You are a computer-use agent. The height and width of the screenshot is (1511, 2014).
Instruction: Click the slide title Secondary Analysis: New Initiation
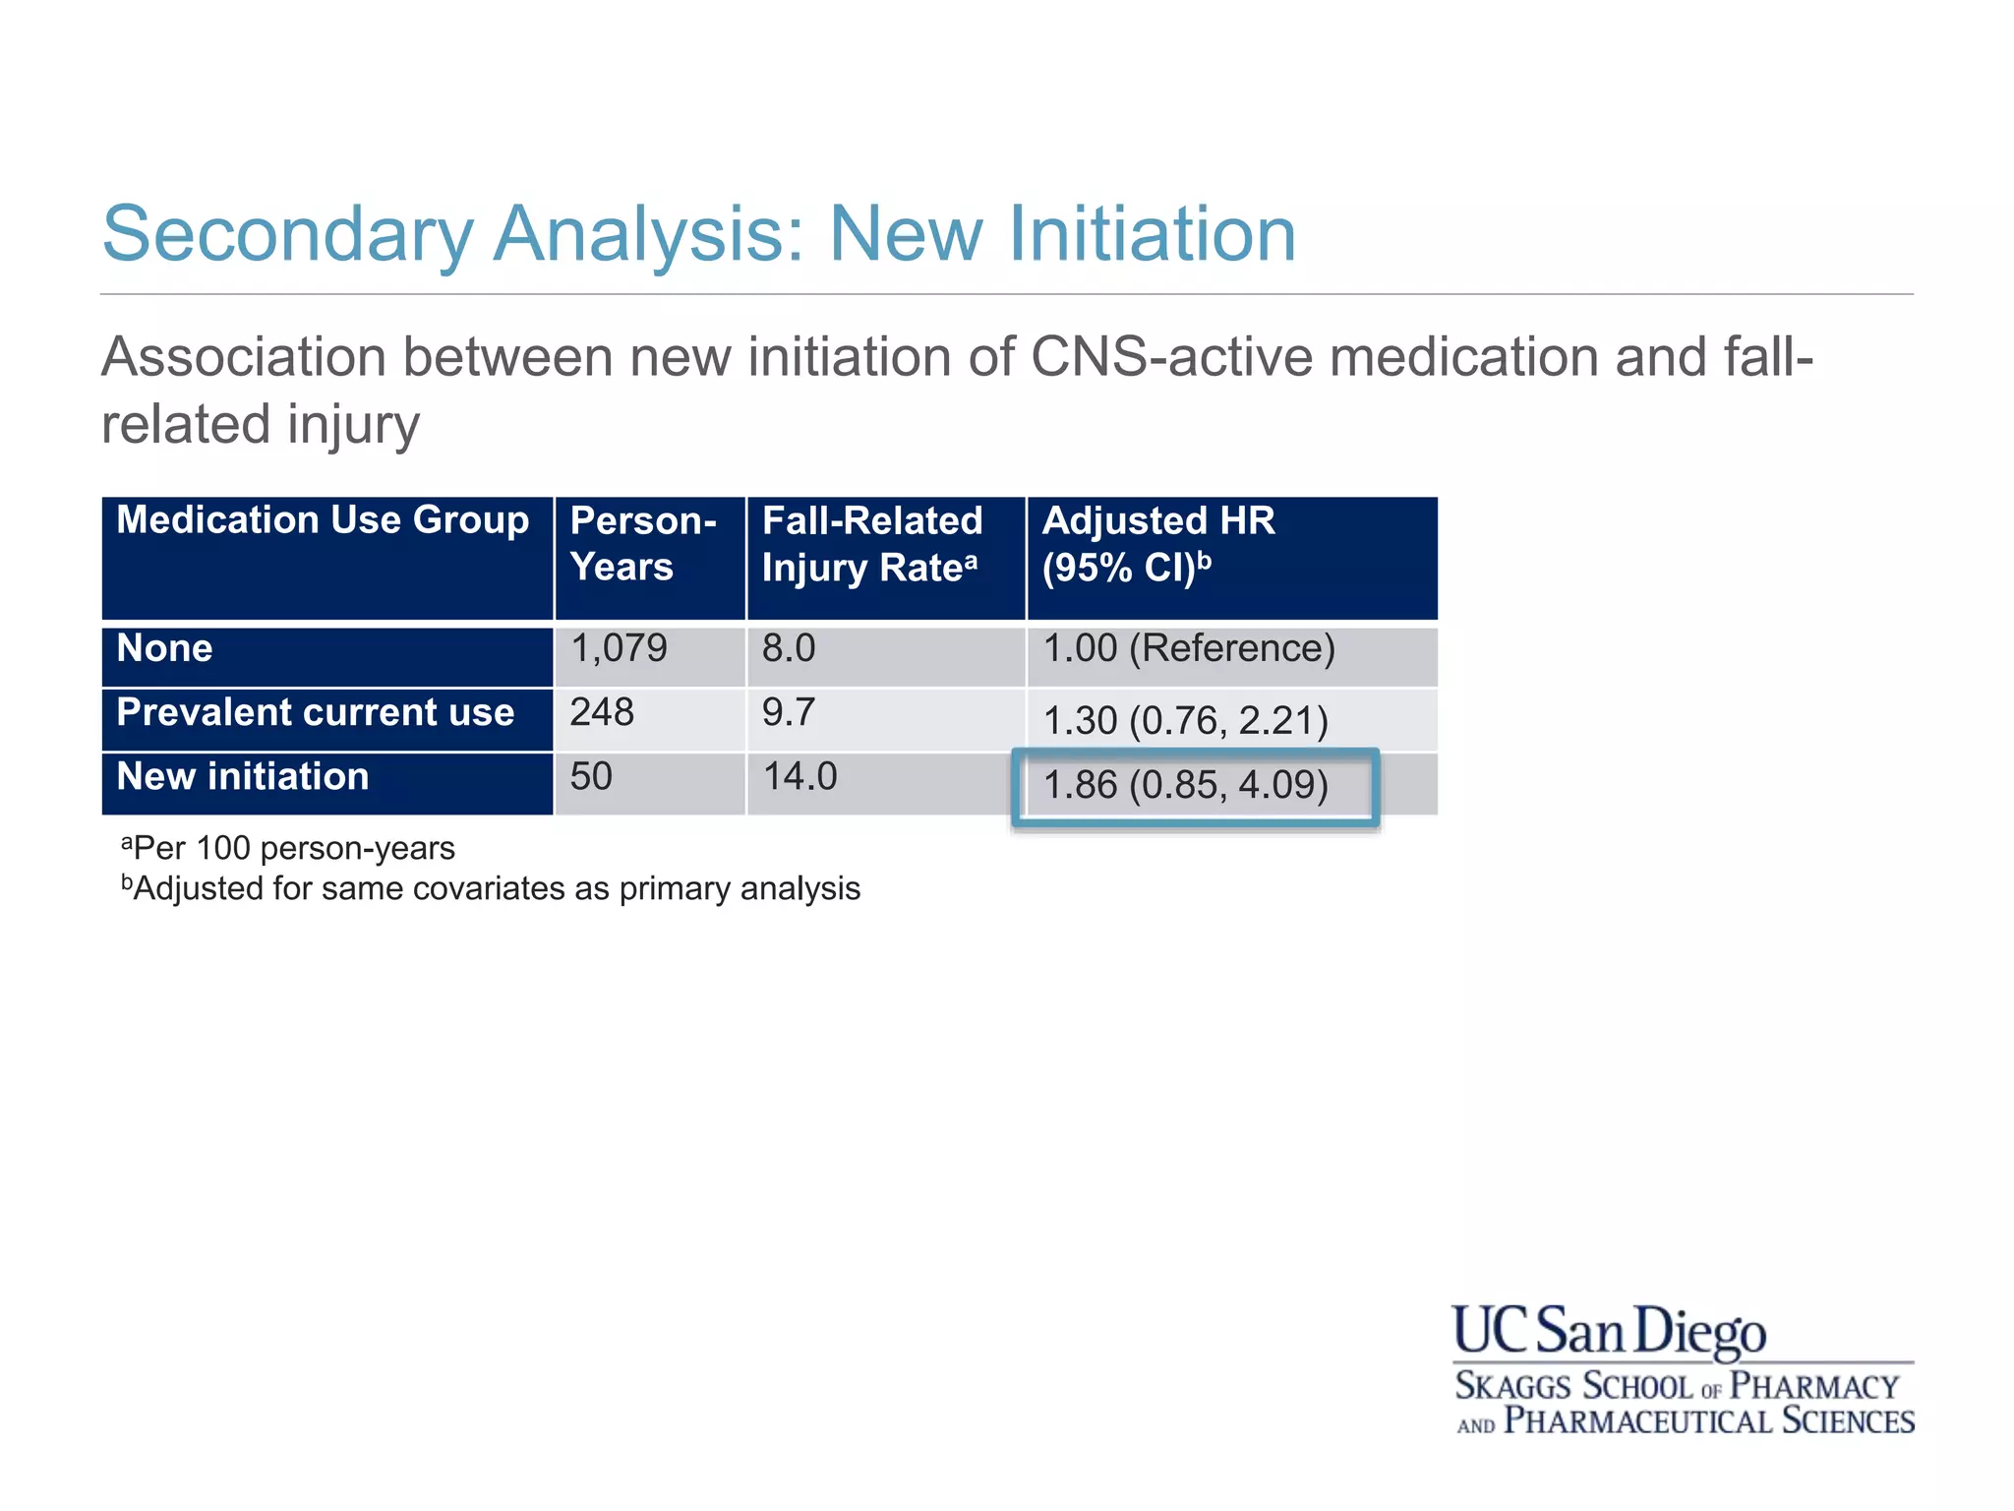[x=698, y=234]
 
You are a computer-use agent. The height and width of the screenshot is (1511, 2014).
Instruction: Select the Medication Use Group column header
[x=323, y=520]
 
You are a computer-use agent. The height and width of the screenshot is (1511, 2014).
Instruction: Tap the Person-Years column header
[x=643, y=544]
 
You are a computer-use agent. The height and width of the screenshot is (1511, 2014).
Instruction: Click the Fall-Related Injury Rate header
[x=872, y=544]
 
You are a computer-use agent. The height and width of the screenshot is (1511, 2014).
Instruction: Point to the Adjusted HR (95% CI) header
[x=1158, y=544]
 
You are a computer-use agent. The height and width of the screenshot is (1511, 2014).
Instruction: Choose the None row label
[x=164, y=649]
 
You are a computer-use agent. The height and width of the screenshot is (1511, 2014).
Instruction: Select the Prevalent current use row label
[x=315, y=713]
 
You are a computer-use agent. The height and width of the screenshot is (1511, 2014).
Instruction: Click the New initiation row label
[x=243, y=777]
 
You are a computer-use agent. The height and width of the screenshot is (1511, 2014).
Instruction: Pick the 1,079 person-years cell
[x=619, y=649]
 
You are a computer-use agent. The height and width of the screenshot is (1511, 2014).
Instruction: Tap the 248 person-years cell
[x=602, y=713]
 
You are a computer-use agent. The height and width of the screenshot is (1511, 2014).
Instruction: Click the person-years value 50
[x=591, y=777]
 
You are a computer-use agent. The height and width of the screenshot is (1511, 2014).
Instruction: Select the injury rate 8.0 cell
[x=789, y=649]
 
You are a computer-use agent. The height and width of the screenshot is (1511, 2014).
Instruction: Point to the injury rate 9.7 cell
[x=789, y=713]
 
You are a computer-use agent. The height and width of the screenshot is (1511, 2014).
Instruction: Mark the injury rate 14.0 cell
[x=800, y=777]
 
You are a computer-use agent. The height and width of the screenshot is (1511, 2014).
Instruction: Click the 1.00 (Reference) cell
[x=1188, y=649]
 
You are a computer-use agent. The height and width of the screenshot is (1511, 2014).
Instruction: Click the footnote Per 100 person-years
[x=288, y=848]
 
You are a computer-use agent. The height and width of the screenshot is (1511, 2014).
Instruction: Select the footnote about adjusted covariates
[x=491, y=889]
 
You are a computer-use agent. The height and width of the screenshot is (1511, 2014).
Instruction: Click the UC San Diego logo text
[x=1609, y=1332]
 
